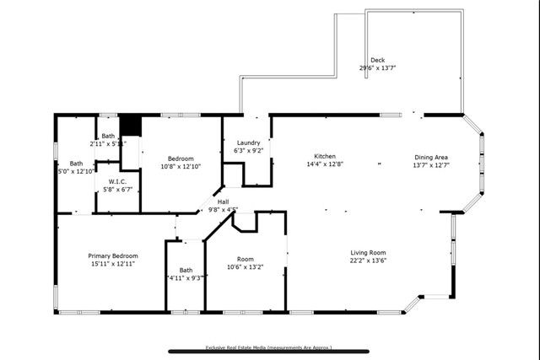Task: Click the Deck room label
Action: (x=377, y=60)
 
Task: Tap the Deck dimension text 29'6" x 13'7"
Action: (x=377, y=67)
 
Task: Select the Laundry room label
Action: (x=248, y=142)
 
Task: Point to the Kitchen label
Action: (x=326, y=157)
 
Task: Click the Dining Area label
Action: (x=430, y=157)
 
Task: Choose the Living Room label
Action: (x=369, y=252)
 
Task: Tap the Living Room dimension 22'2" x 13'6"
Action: (x=369, y=261)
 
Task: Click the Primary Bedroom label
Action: (x=113, y=255)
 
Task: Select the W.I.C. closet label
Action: (x=117, y=181)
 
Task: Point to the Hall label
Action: (x=224, y=201)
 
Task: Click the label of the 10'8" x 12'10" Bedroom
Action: (x=181, y=159)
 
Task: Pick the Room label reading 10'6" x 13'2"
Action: (x=246, y=259)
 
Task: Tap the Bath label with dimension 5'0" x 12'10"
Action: (x=76, y=164)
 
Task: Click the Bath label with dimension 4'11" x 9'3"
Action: (x=186, y=270)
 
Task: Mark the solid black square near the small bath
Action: (x=129, y=125)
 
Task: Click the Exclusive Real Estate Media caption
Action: (x=269, y=347)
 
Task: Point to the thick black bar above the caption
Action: (x=269, y=352)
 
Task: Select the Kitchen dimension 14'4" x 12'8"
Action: (x=326, y=164)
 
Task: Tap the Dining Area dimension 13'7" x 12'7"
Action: (x=430, y=164)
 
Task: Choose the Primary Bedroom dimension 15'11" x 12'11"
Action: (x=113, y=264)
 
